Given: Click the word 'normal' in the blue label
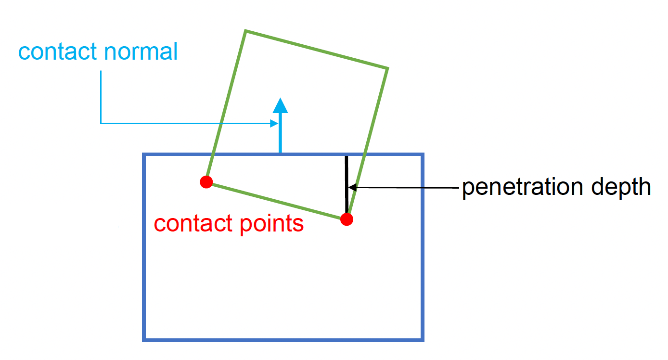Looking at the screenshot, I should (x=145, y=52).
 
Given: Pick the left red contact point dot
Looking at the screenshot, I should (x=206, y=182).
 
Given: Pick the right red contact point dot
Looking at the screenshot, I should (x=347, y=219).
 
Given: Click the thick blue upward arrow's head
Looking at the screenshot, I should (x=280, y=105).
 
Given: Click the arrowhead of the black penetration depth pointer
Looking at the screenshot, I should (x=351, y=187).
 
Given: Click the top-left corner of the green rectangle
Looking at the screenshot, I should (x=246, y=31).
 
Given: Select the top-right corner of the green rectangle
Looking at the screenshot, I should (x=387, y=68).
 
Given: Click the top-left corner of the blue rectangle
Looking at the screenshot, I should (x=144, y=154).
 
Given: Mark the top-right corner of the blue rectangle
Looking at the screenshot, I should (x=423, y=154).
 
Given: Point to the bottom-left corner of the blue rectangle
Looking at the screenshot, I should (x=144, y=340).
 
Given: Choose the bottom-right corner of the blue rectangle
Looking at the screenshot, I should (x=423, y=340).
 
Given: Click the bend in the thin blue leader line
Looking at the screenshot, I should (x=101, y=123).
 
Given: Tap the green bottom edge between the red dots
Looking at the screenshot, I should (x=277, y=201).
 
